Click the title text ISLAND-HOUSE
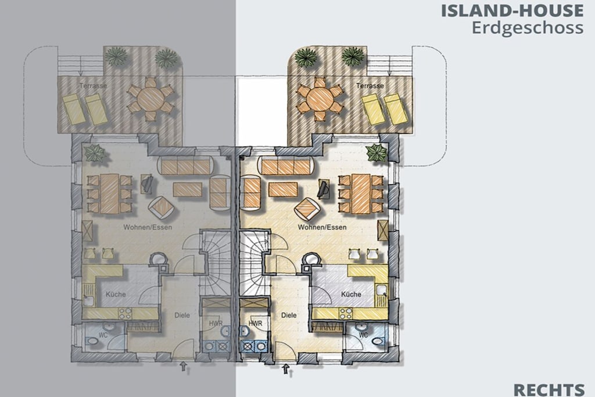[512, 10]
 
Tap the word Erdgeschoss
[528, 28]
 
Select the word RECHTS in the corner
[549, 390]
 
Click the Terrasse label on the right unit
[370, 86]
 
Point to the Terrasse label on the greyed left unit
[94, 86]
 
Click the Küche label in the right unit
[351, 294]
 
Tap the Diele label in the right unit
[289, 315]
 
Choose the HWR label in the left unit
[216, 324]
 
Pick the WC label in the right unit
[363, 335]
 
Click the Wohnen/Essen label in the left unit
[148, 227]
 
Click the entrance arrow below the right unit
[286, 369]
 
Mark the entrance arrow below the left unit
[184, 366]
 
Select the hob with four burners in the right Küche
[345, 313]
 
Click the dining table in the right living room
[361, 194]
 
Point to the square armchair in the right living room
[306, 208]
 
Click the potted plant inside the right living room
[377, 152]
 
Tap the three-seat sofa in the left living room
[185, 166]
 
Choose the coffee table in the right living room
[283, 189]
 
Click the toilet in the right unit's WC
[378, 342]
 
